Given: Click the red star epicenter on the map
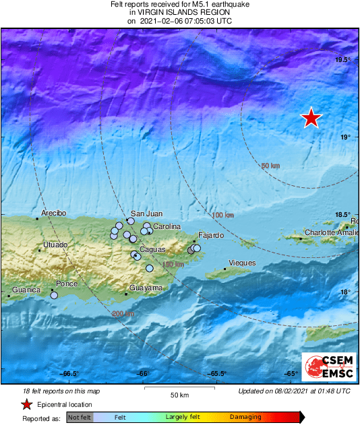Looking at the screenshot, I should pos(311,118).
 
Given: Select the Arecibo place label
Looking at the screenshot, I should pos(54,213).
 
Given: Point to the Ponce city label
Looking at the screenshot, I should pos(67,284).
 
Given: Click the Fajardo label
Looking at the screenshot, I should pos(205,236).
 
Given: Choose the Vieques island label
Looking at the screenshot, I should pos(242,262).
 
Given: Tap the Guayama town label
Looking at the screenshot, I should pos(146,288).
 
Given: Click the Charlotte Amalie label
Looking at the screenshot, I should pos(330,232).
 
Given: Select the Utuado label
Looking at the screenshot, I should pos(55,244).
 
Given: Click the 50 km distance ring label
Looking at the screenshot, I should pos(270,166).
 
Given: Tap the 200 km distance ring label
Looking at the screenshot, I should pos(122,314).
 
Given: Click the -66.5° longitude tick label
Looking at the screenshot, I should pos(70,374).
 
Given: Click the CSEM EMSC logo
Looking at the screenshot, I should pos(326,367).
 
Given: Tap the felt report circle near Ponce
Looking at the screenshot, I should pos(54,295).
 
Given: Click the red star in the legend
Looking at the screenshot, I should pos(26,404).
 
